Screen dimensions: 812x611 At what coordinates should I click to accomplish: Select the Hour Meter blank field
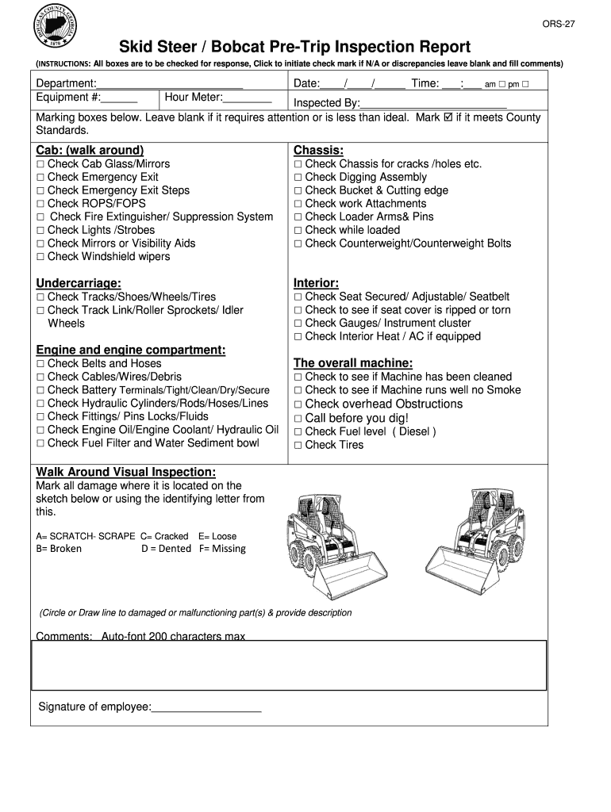click(x=248, y=98)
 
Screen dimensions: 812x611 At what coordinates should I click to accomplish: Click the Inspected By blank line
click(x=433, y=104)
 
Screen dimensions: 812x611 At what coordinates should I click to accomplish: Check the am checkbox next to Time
click(x=502, y=84)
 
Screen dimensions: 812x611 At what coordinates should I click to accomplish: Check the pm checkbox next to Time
click(x=525, y=84)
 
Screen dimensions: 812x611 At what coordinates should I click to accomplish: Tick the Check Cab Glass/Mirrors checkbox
click(x=40, y=164)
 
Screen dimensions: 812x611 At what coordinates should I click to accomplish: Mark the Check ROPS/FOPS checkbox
click(x=40, y=204)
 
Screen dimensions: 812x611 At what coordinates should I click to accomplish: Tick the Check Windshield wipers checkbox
click(x=40, y=257)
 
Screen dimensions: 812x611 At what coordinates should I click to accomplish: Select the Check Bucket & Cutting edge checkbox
click(x=298, y=191)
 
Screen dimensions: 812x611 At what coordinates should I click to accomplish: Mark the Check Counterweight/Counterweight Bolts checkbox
click(x=298, y=244)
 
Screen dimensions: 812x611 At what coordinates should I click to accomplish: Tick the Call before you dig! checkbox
click(x=298, y=419)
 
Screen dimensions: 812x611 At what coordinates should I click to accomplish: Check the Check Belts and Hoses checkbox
click(x=40, y=364)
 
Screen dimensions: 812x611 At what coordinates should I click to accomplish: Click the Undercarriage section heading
click(x=79, y=283)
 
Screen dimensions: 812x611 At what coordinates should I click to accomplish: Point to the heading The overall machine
click(x=352, y=363)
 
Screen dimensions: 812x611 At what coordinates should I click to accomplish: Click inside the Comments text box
click(x=289, y=665)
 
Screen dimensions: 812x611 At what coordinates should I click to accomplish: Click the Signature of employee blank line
click(x=206, y=708)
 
